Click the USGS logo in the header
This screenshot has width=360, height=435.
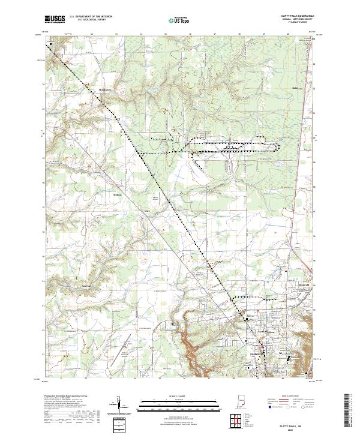click(x=55, y=19)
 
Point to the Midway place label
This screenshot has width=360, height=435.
click(x=118, y=194)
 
